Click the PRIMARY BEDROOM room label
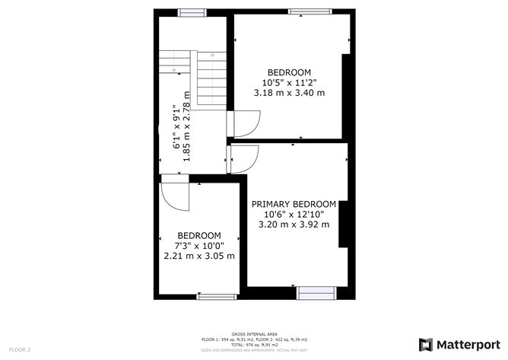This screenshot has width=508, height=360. [294, 204]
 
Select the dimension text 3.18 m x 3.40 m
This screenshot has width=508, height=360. [289, 93]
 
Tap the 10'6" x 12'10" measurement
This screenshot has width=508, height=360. [294, 214]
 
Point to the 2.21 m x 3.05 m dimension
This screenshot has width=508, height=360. [199, 256]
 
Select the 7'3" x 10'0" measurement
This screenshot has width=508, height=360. [199, 246]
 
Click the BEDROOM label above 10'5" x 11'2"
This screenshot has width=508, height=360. [289, 72]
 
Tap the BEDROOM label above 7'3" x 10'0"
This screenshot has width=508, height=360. [199, 235]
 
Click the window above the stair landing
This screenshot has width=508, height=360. [191, 12]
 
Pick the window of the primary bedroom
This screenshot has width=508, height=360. [316, 290]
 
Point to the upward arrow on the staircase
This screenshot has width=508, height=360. [212, 56]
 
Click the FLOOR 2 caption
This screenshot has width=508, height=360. [20, 349]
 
